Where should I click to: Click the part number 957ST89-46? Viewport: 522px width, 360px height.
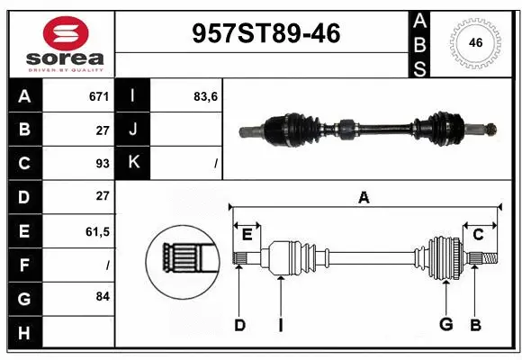coord(267,33)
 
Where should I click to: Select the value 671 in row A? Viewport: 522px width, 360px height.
coord(98,96)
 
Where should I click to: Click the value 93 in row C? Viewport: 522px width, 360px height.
coord(102,163)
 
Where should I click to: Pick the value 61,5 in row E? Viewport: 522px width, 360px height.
coord(97,231)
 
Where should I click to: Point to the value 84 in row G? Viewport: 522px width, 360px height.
coord(102,295)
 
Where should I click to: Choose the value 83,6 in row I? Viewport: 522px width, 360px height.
coord(206,96)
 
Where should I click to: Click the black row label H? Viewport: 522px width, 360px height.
coord(23,333)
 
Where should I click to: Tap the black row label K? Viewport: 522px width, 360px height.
coord(133,163)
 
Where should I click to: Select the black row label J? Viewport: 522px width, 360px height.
coord(133,130)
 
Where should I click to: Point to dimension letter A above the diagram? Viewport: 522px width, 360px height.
coord(364,197)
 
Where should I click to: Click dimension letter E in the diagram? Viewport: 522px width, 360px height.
coord(247,235)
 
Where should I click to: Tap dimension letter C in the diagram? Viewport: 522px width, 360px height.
coord(478,235)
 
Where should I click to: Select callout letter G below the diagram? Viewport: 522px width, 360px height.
coord(445,325)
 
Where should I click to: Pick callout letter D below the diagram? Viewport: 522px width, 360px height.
coord(239,325)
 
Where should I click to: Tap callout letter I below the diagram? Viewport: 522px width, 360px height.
coord(280,325)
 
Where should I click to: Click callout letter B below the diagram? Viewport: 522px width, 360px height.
coord(475,325)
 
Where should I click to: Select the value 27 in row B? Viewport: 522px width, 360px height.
coord(102,130)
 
